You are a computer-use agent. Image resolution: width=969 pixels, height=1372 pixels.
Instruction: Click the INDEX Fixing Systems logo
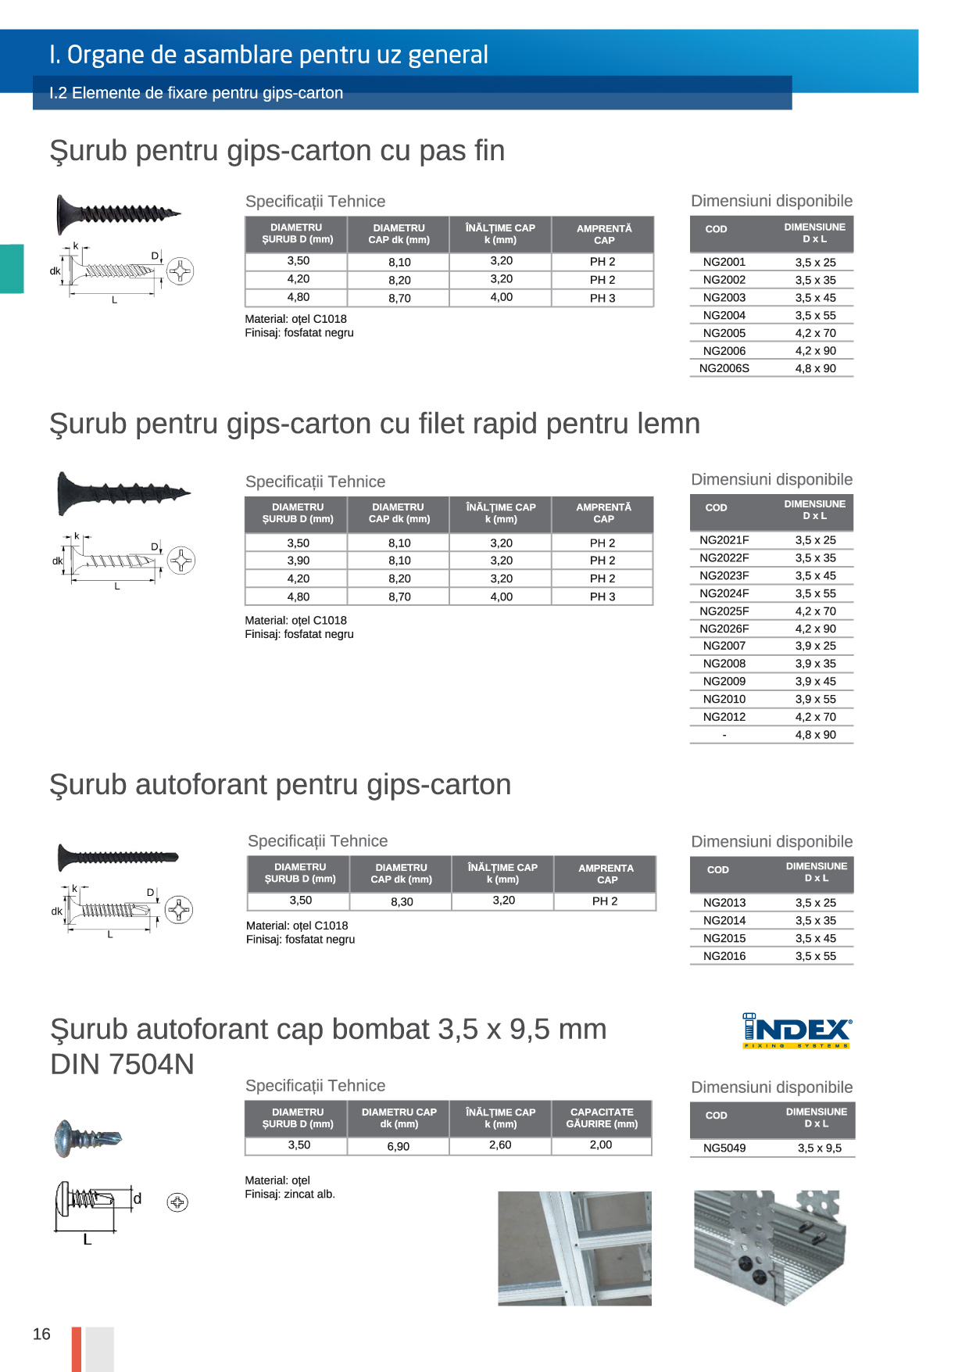[x=796, y=1031]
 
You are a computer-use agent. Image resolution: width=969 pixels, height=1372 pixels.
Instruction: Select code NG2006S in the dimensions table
[x=724, y=368]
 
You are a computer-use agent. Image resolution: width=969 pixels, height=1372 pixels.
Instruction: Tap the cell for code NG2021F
[x=724, y=540]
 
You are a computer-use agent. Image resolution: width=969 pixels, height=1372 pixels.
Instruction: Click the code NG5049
[x=724, y=1148]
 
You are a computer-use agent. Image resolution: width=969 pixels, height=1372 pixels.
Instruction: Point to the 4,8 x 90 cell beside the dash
[x=815, y=735]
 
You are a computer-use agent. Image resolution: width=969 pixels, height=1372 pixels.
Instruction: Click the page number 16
[x=41, y=1334]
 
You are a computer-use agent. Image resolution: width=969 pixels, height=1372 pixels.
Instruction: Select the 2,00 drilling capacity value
[x=601, y=1145]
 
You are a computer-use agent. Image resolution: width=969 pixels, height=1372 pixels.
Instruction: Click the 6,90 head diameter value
[x=399, y=1146]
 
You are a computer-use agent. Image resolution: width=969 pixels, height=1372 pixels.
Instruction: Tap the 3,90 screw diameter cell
[x=298, y=561]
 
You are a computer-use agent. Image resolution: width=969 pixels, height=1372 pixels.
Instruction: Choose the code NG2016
[x=724, y=956]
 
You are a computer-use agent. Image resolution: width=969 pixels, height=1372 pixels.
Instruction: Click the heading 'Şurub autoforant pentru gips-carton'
[x=280, y=784]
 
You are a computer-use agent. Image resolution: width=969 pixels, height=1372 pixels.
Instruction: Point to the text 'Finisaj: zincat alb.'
[x=290, y=1194]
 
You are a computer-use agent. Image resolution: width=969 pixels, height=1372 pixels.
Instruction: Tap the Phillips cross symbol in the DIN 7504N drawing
[x=177, y=1202]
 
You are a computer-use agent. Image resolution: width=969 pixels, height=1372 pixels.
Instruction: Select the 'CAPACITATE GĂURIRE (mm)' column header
[x=602, y=1118]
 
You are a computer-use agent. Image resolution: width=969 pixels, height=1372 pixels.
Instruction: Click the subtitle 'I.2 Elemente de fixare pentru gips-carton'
[x=196, y=93]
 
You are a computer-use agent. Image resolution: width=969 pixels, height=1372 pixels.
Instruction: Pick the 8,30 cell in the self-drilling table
[x=402, y=901]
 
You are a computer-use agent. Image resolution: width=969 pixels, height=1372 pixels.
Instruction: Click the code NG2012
[x=724, y=717]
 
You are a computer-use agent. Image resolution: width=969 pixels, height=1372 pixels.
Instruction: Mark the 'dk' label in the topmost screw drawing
[x=55, y=271]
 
